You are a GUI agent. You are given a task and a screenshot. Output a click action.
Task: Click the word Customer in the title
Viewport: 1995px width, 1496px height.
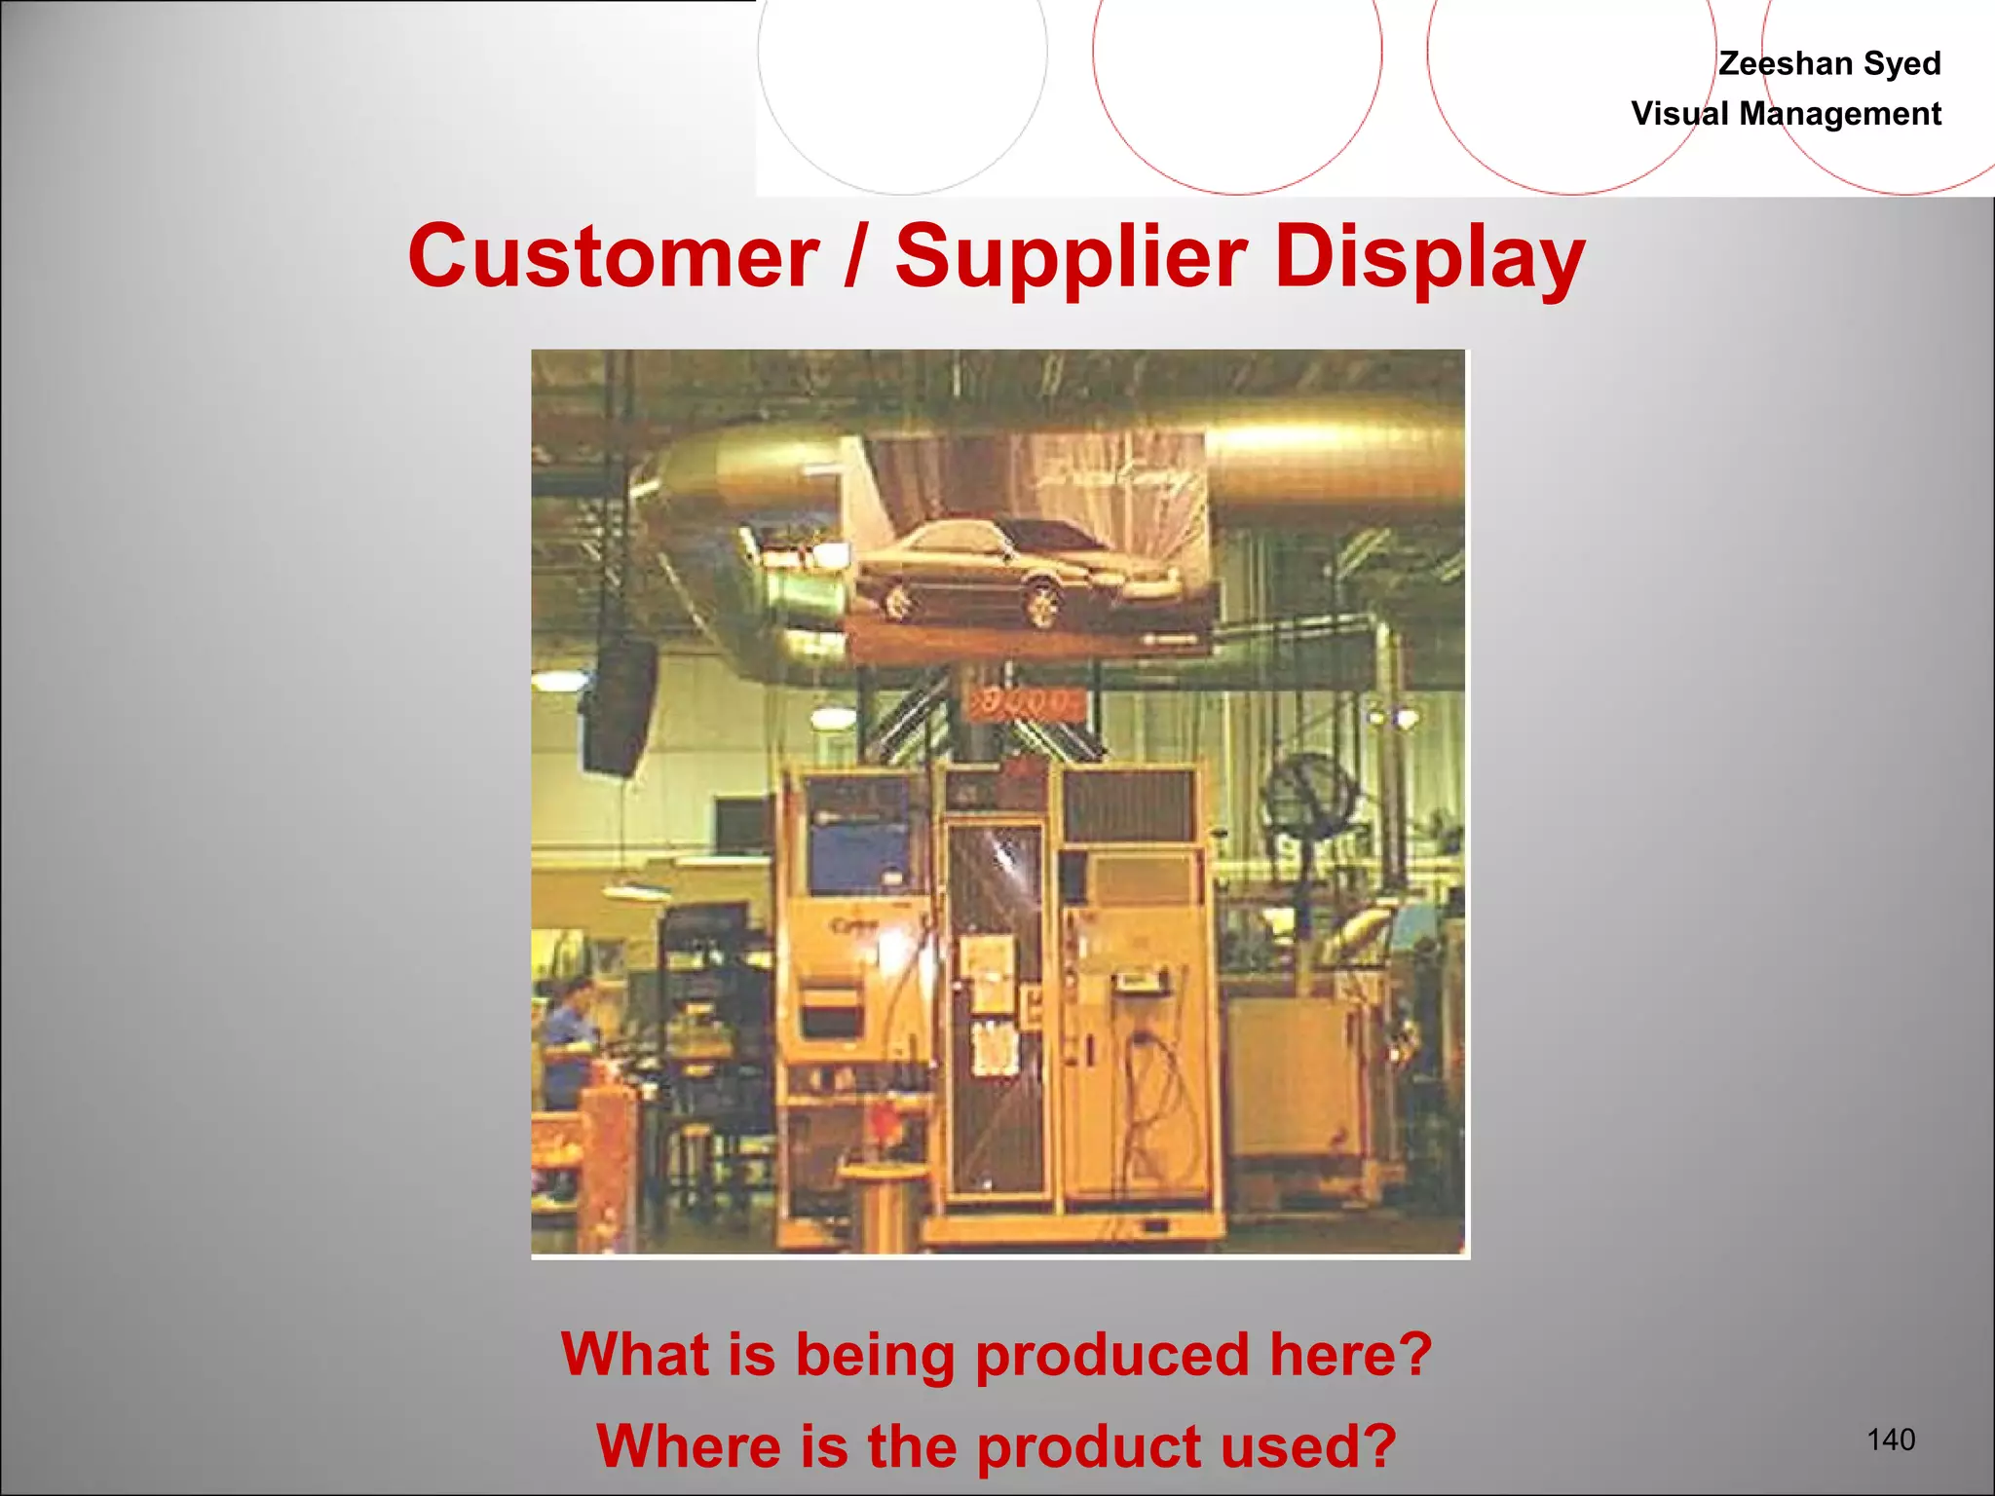(614, 257)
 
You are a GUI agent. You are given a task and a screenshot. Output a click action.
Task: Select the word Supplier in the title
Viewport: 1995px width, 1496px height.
(1071, 257)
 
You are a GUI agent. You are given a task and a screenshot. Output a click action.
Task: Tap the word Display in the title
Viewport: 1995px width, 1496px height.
(1429, 257)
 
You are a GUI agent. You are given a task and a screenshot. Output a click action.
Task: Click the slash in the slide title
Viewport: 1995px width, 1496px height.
(854, 257)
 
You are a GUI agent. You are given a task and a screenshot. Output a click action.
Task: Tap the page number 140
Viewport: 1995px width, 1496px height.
(1891, 1439)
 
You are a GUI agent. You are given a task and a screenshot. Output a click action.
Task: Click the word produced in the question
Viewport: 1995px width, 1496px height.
(1111, 1355)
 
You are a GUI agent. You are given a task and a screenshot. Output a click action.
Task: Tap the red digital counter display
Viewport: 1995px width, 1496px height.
(1023, 701)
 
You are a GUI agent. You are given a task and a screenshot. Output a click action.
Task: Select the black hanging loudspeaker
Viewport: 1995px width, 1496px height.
(621, 706)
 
